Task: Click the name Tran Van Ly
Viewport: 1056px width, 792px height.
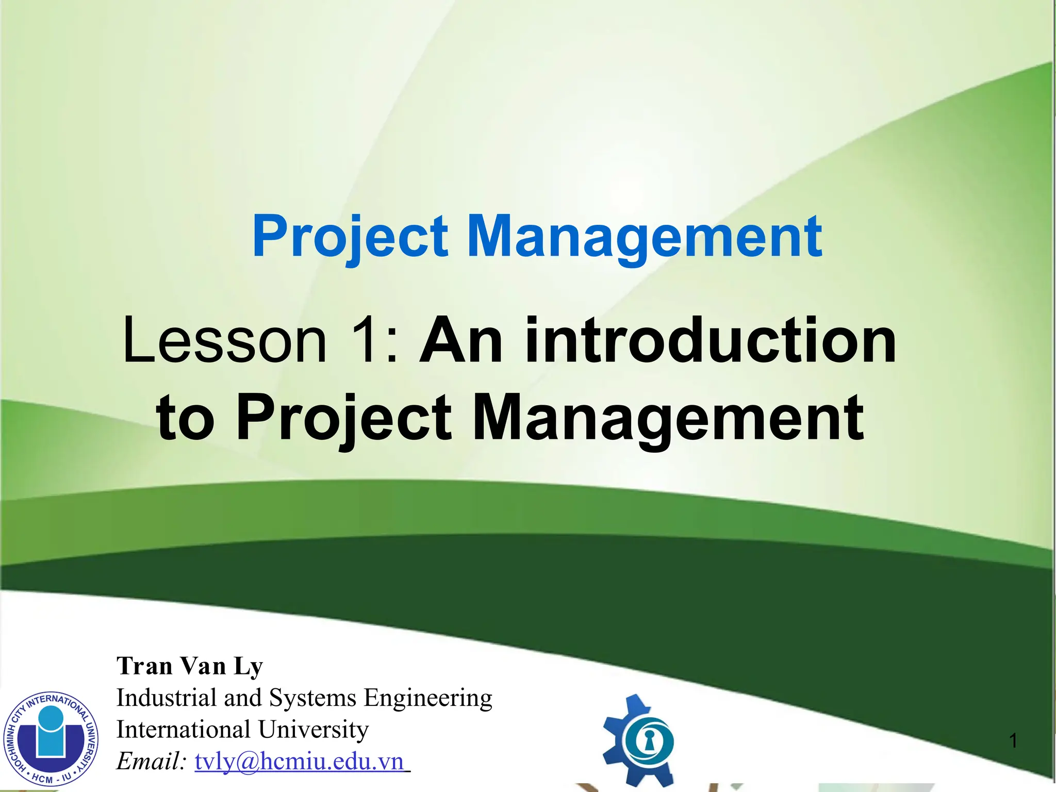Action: point(190,666)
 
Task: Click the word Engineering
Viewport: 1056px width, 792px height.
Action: point(428,699)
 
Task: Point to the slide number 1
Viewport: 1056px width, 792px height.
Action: point(1013,741)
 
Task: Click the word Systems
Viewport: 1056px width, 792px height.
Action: point(312,699)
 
